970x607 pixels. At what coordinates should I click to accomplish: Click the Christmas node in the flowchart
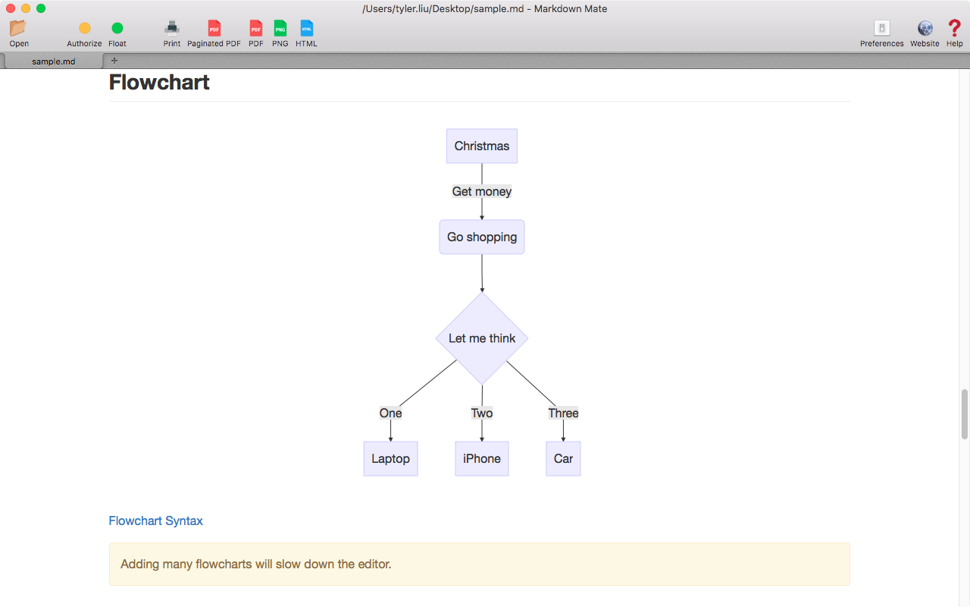coord(481,146)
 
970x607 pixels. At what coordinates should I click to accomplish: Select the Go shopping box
coord(481,237)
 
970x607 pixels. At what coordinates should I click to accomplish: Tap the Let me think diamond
coord(481,338)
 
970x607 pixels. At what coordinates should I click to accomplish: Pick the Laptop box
coord(390,459)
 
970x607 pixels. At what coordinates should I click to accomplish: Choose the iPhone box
coord(481,459)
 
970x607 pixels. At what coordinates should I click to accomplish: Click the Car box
coord(563,459)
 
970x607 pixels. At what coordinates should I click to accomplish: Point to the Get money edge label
coord(481,191)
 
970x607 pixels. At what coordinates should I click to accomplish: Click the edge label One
coord(390,413)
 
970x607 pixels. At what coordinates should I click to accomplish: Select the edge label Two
coord(481,413)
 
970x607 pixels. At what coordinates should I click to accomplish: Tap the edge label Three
coord(563,413)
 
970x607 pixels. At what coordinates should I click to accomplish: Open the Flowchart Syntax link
coord(155,521)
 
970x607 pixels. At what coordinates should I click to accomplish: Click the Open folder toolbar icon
coord(18,28)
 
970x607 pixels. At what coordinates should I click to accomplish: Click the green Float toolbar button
coord(117,28)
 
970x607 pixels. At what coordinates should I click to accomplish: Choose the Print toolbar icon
coord(172,28)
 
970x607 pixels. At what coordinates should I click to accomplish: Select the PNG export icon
coord(280,28)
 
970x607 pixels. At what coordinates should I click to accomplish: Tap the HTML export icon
coord(307,28)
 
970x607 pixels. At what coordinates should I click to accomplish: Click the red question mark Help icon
coord(954,28)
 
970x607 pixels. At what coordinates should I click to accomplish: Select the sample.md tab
coord(53,61)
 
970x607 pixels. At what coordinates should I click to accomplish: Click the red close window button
coord(11,8)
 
